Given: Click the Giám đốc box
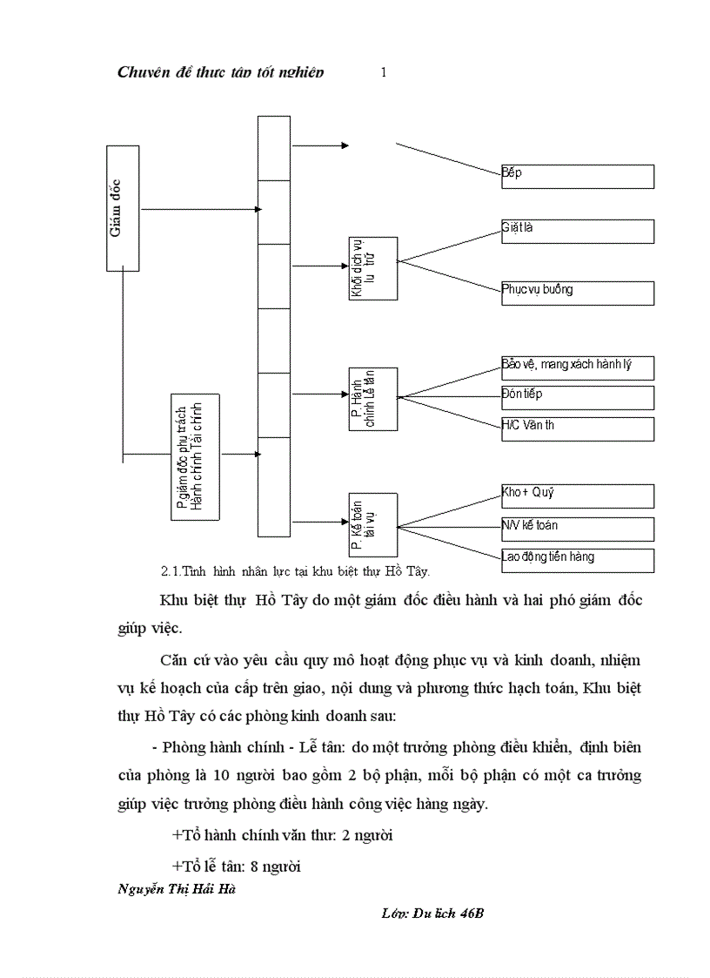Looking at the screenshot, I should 123,208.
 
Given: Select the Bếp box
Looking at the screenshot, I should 577,176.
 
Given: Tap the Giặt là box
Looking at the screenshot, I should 577,231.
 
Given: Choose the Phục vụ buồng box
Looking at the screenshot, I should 577,293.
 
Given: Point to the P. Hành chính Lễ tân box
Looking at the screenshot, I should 372,399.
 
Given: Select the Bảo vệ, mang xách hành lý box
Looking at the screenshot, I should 577,368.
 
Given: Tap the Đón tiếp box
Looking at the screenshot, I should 577,398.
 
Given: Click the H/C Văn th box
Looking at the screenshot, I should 577,428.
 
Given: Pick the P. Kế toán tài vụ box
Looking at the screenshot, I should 372,525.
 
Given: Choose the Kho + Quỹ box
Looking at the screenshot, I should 577,496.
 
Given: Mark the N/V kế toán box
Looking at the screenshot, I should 577,529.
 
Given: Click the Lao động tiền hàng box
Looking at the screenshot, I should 577,560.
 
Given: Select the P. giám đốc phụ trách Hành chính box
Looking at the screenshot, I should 195,457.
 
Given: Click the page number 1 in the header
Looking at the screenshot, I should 384,73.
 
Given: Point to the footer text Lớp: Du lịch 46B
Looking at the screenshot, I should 432,914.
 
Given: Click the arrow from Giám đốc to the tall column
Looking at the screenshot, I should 200,209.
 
